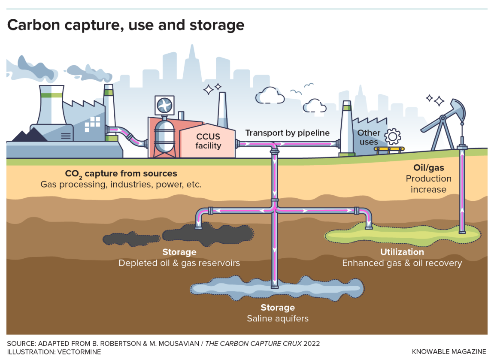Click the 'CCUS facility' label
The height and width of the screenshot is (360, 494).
point(208,141)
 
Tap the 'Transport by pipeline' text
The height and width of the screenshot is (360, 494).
point(287,133)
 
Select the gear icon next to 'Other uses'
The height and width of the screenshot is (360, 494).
point(392,136)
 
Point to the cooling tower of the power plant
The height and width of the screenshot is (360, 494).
point(52,105)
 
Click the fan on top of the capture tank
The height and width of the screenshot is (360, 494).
point(165,106)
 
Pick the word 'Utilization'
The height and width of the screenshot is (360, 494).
point(402,252)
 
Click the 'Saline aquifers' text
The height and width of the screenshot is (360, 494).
point(277,318)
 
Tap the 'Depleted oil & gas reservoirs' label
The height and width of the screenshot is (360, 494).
point(179,263)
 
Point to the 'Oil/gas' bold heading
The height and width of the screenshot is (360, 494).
point(428,167)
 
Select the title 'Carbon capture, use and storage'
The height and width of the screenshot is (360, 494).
point(126,25)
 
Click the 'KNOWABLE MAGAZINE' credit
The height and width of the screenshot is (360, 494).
point(449,352)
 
